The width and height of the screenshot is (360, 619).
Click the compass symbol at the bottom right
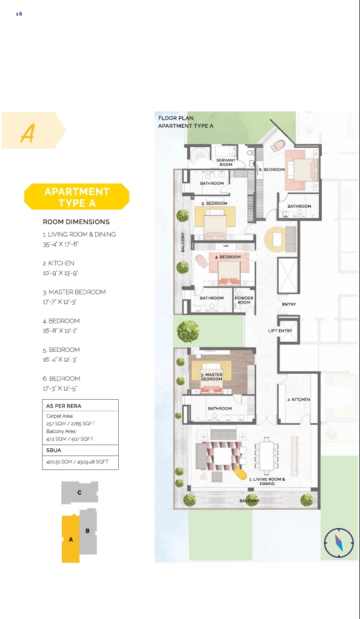[x=338, y=542]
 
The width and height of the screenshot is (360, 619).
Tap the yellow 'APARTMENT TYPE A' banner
[x=77, y=197]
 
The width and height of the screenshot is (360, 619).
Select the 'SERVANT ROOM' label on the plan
[x=225, y=162]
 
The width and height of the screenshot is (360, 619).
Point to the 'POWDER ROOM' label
[x=244, y=300]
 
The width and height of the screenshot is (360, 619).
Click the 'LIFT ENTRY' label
[x=280, y=331]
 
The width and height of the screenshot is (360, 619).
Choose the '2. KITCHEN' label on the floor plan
[x=298, y=400]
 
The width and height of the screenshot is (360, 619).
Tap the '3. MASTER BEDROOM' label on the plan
[x=212, y=377]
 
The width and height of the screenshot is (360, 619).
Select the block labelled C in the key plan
[x=79, y=493]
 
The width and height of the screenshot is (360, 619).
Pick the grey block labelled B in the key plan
[x=88, y=531]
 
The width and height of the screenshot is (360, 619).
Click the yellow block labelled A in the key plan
[x=71, y=538]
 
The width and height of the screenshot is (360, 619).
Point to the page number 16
[x=19, y=13]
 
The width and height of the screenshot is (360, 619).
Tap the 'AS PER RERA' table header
[x=61, y=405]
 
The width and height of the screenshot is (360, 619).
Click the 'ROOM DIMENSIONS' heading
[x=76, y=222]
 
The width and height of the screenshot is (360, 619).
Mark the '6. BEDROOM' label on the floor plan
[x=272, y=170]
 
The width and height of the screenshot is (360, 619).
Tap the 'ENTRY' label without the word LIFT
[x=288, y=304]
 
